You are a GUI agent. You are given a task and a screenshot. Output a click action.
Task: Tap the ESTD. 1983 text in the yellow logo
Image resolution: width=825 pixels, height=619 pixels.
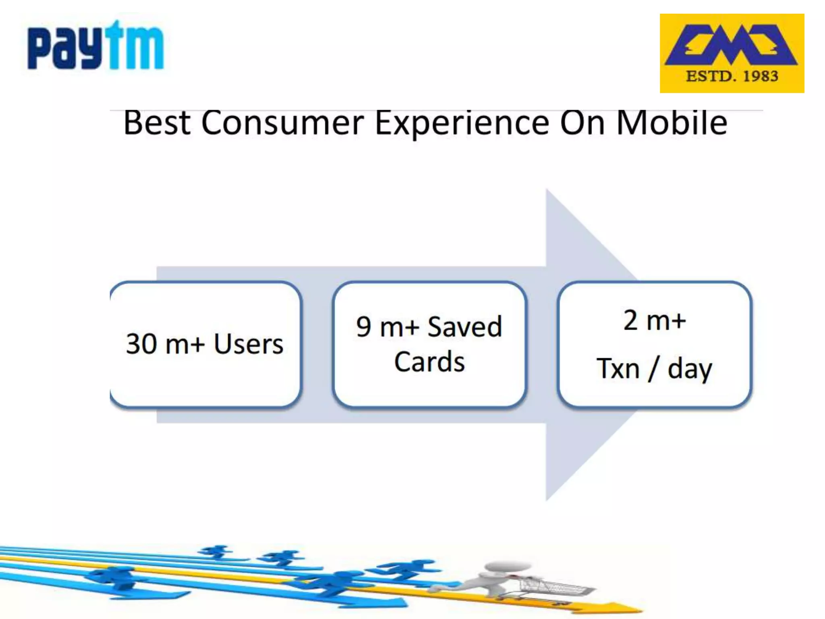pyautogui.click(x=732, y=76)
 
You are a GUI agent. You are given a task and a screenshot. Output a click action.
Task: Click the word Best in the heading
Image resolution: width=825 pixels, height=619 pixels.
pyautogui.click(x=157, y=123)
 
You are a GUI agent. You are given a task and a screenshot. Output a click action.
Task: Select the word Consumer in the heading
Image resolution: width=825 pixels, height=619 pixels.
pyautogui.click(x=282, y=123)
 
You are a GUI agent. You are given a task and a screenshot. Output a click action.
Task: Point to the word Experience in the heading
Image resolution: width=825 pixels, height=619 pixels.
pyautogui.click(x=462, y=123)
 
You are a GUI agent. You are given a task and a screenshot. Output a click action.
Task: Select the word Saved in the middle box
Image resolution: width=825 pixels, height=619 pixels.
pyautogui.click(x=464, y=326)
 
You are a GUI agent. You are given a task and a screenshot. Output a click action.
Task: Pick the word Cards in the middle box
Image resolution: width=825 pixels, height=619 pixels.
pyautogui.click(x=429, y=361)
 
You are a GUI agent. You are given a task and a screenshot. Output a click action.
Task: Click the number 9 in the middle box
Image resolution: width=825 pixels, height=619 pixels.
pyautogui.click(x=363, y=327)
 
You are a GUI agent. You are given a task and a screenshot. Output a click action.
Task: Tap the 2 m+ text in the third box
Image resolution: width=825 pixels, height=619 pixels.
pyautogui.click(x=655, y=320)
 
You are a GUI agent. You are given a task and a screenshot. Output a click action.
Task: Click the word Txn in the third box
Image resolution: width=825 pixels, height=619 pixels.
pyautogui.click(x=618, y=368)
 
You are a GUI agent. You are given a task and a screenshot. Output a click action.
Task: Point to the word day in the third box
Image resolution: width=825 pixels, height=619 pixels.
pyautogui.click(x=690, y=369)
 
